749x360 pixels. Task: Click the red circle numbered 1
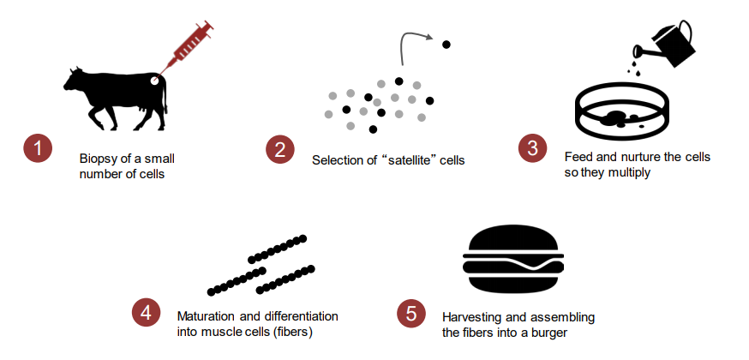[38, 148]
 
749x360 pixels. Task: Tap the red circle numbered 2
[280, 149]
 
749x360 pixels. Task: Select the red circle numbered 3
[532, 148]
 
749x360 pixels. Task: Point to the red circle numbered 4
[147, 313]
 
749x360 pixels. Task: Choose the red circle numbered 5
[411, 314]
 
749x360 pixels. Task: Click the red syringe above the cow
[188, 47]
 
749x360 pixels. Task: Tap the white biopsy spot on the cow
[155, 81]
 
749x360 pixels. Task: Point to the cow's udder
[141, 111]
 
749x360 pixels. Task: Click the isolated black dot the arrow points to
[446, 45]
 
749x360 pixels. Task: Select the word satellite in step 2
[405, 160]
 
